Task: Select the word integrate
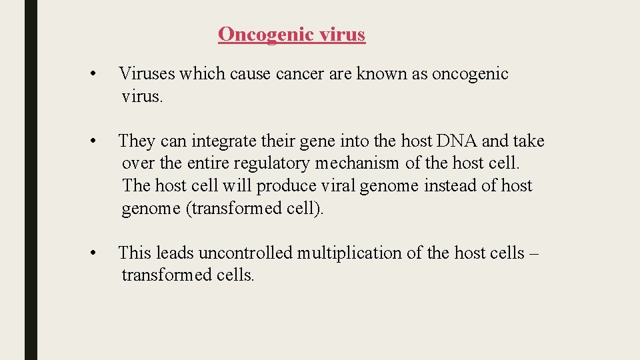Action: pyautogui.click(x=223, y=141)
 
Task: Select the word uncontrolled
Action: pyautogui.click(x=245, y=253)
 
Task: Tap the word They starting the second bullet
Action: pyautogui.click(x=137, y=141)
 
